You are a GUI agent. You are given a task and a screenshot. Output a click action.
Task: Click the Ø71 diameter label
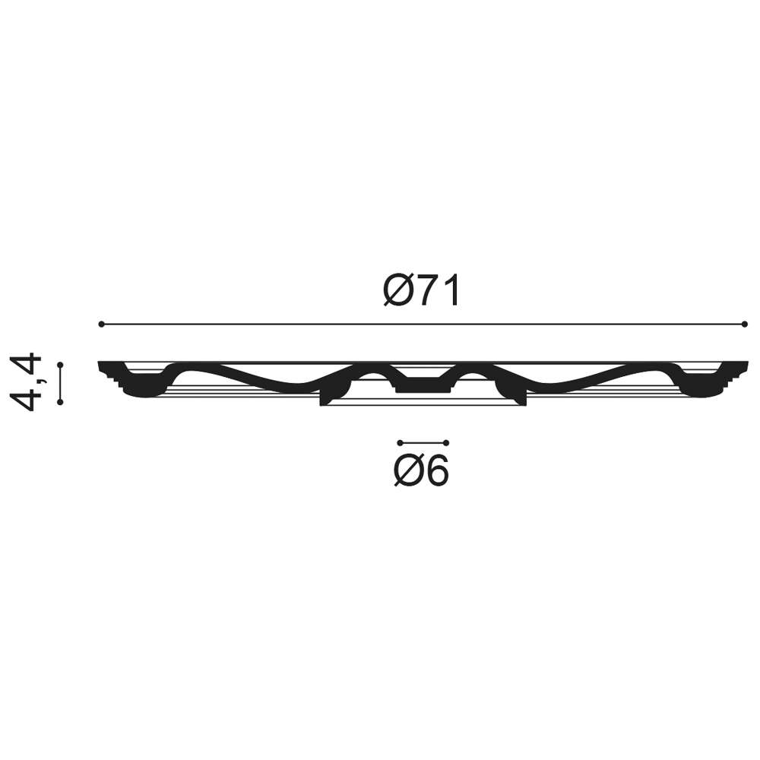(x=421, y=291)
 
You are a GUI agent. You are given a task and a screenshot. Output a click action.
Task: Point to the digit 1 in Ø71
(x=451, y=291)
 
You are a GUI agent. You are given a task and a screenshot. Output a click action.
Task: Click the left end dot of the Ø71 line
(x=101, y=324)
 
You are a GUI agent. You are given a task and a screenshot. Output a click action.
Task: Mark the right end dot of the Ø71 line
(x=745, y=324)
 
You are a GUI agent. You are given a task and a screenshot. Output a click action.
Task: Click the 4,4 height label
(x=26, y=382)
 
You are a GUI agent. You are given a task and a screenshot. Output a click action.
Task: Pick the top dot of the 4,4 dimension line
(x=60, y=365)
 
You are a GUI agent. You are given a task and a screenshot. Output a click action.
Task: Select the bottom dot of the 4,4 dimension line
(x=60, y=402)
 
